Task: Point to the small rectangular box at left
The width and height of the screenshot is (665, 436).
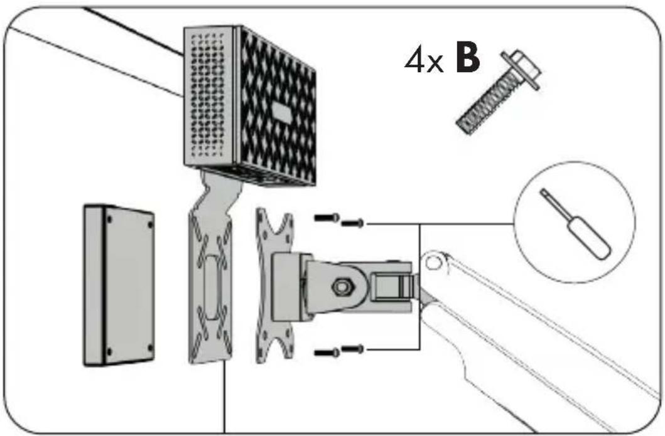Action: point(118,285)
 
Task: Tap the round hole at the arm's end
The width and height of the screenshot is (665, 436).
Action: point(433,263)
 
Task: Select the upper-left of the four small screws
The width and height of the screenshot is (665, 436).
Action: point(327,218)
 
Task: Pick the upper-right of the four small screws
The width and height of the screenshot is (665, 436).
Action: point(352,223)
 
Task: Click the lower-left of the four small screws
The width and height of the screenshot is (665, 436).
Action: point(327,352)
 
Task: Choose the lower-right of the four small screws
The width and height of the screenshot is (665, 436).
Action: point(352,349)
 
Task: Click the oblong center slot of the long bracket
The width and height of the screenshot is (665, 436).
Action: point(211,287)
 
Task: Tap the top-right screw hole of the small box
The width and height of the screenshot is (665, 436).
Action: point(149,225)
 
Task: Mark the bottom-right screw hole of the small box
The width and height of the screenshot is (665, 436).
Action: point(149,347)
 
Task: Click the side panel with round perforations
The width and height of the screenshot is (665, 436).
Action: point(207,96)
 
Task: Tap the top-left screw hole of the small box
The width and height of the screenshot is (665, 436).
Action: point(109,220)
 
